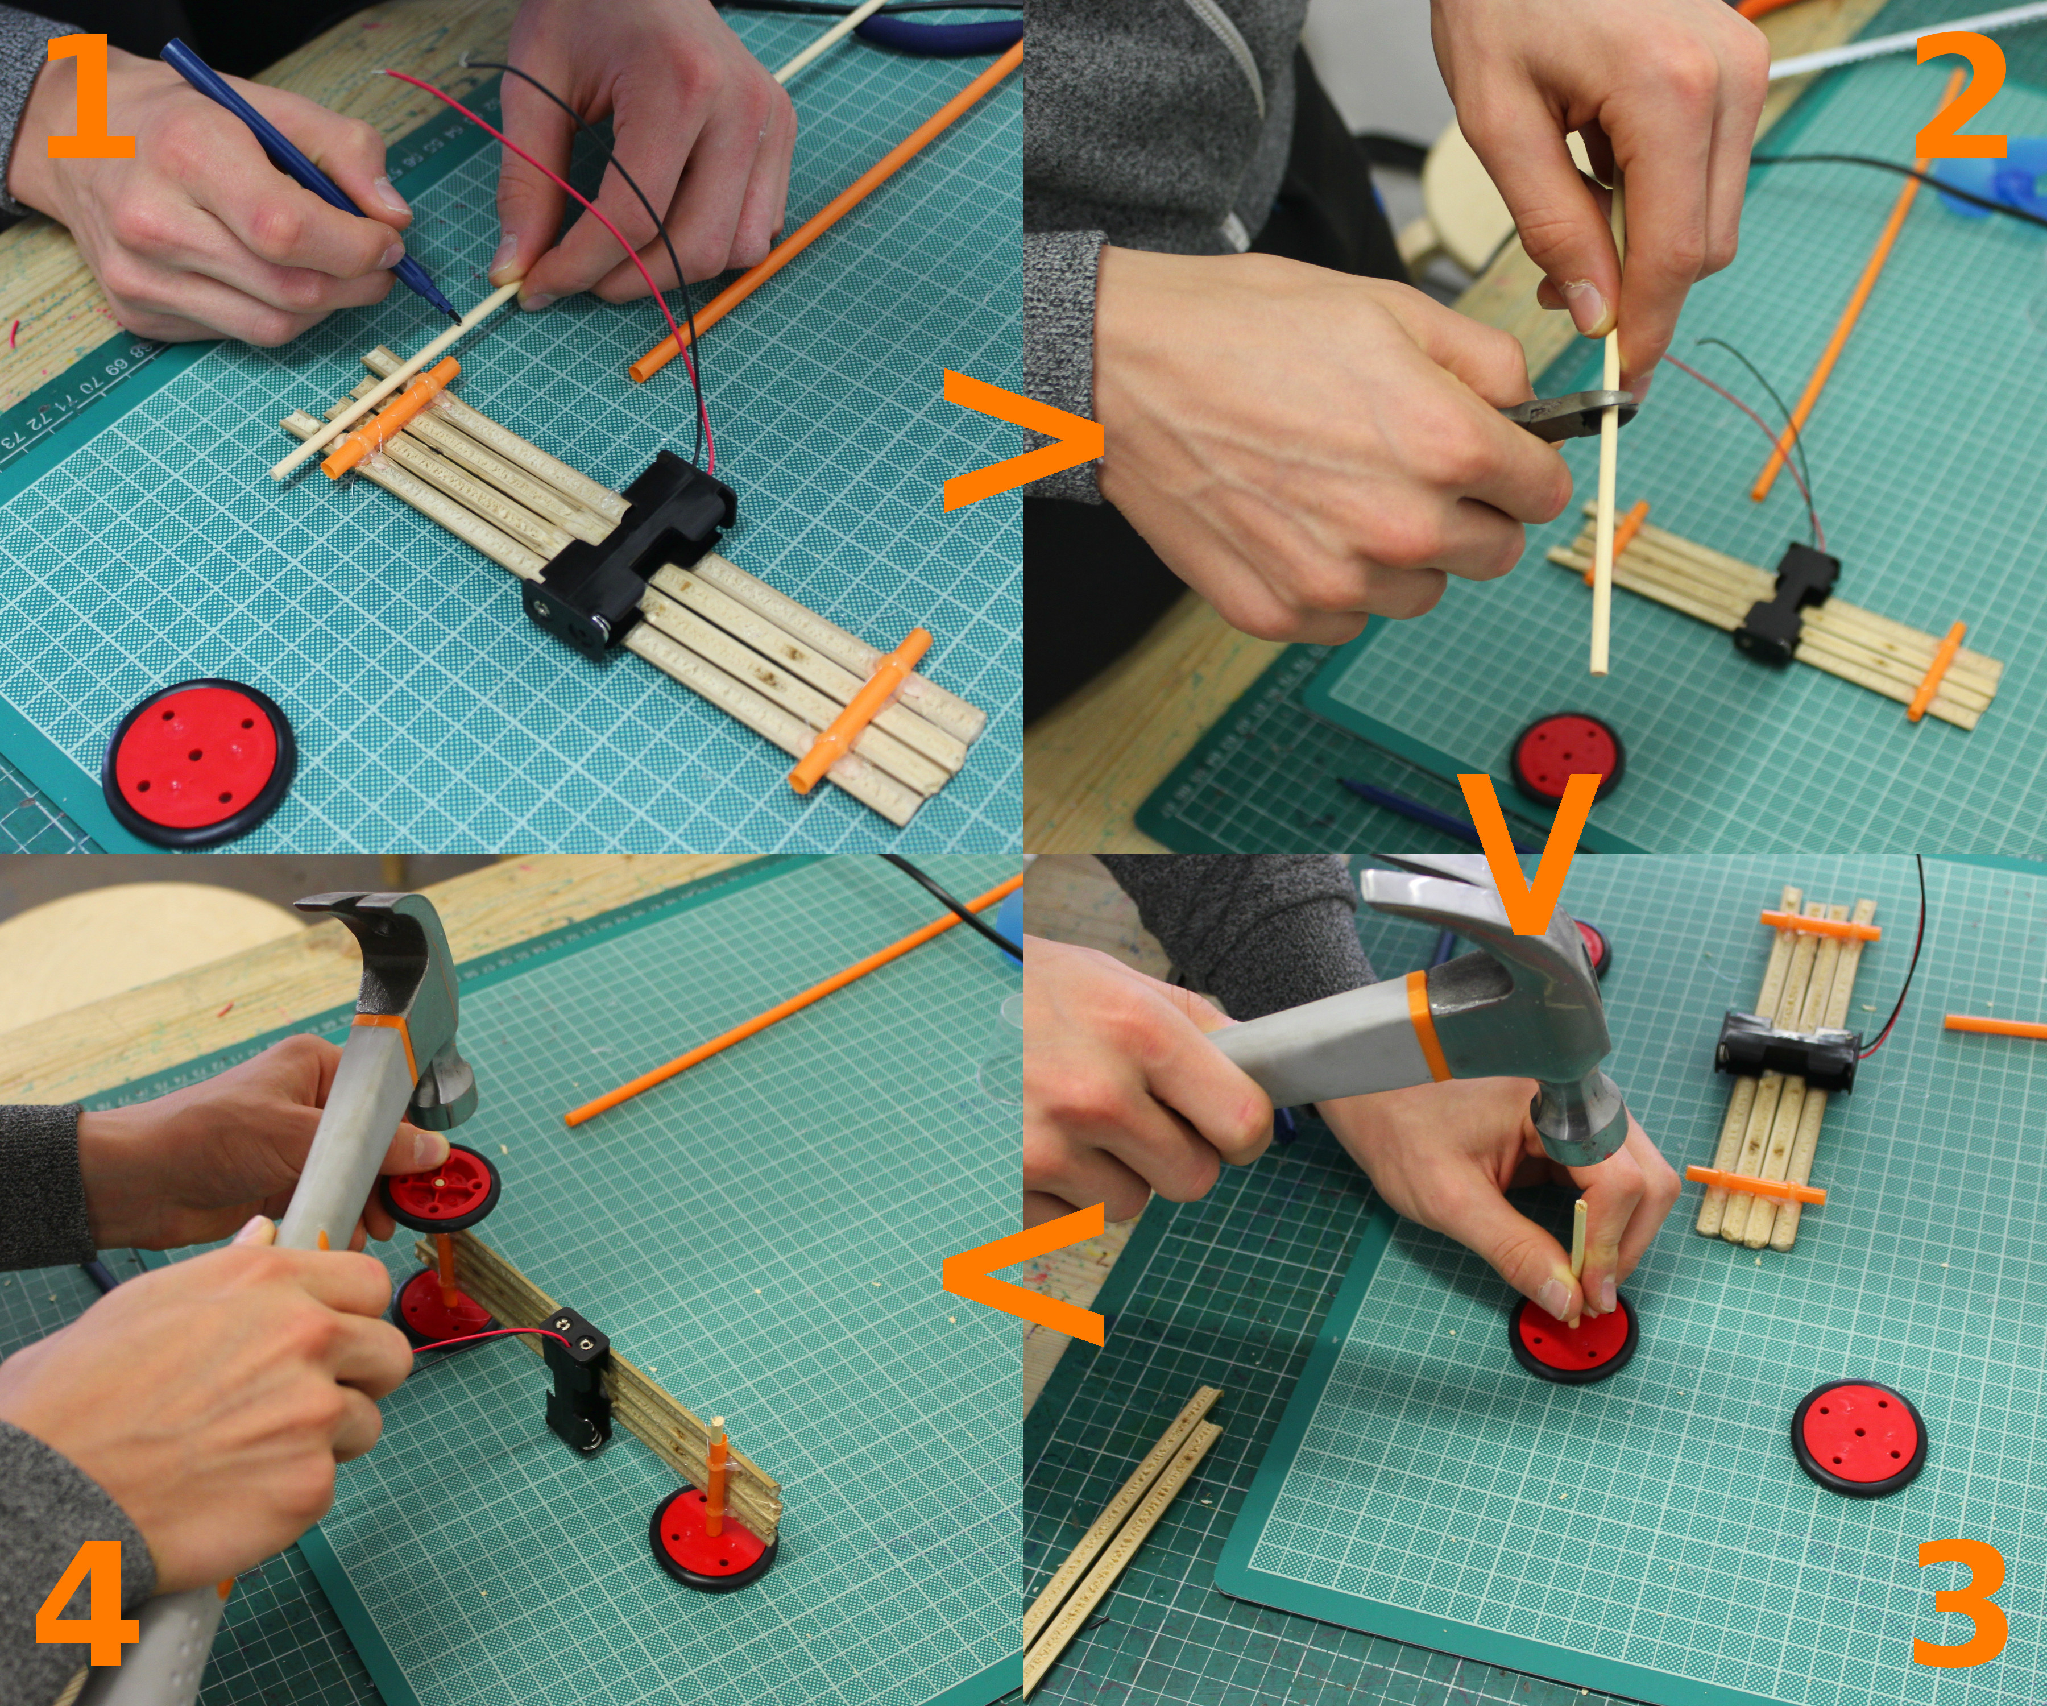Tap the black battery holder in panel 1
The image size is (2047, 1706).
[x=629, y=551]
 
